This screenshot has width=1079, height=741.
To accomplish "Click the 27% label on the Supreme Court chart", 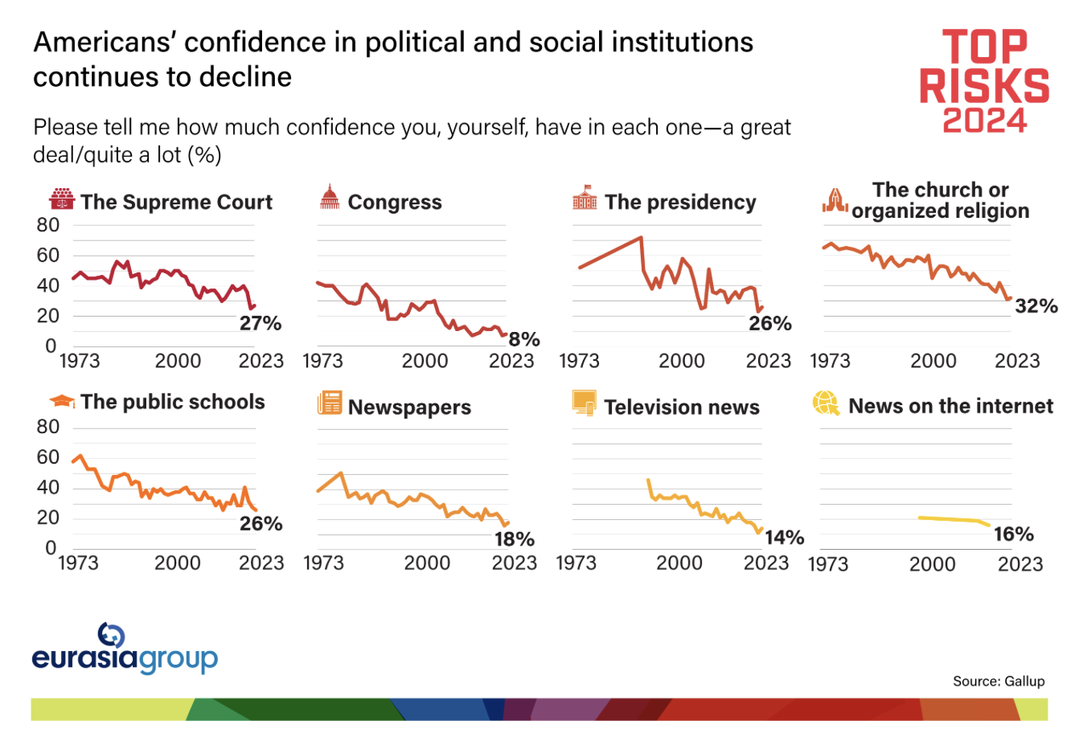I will click(261, 324).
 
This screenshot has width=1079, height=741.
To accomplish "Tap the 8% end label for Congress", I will click(524, 339).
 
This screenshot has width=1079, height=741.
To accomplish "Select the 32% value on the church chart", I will click(1036, 306).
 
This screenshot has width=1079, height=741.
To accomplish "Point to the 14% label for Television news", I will click(784, 538).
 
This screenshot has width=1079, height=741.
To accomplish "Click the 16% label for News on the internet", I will click(1013, 534).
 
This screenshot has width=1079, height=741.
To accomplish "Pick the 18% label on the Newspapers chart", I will click(515, 539).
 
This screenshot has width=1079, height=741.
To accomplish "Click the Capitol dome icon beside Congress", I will click(330, 198).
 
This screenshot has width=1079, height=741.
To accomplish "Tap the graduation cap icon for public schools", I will click(62, 401).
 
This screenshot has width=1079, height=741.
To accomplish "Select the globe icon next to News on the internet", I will click(826, 403).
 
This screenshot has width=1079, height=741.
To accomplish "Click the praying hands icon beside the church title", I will click(835, 201).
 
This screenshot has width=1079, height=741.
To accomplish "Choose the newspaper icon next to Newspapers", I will click(330, 403).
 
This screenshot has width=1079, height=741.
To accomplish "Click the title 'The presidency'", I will click(680, 203).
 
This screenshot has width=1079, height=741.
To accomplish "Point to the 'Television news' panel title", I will click(682, 407).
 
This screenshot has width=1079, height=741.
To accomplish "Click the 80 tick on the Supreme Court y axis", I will click(48, 226).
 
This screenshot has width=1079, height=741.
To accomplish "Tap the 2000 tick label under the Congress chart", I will click(425, 361).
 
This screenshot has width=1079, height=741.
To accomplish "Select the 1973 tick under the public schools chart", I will click(78, 563).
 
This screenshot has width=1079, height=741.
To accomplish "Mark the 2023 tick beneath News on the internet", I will click(1020, 564).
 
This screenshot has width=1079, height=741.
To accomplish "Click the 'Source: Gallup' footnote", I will click(999, 682).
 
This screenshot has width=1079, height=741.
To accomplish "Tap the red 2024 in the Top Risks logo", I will click(984, 121).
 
